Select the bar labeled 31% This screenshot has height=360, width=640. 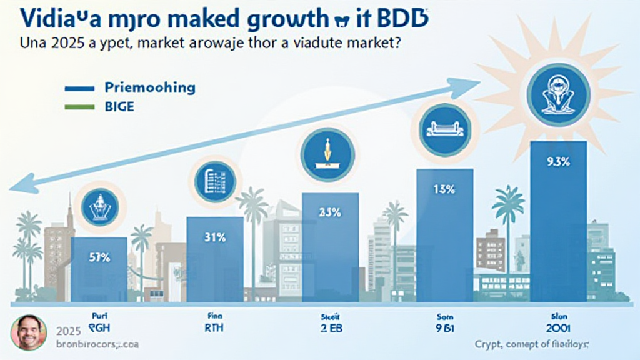coord(215,259)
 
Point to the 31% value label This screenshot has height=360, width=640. coord(215,237)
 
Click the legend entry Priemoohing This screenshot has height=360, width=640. coord(150,88)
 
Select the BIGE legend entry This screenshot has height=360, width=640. coord(119,107)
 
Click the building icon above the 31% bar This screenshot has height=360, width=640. coord(215,181)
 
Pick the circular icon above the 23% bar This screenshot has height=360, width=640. coord(329,153)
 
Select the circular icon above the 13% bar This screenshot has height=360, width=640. coord(444,130)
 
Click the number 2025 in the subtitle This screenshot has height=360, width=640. coord(56,46)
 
